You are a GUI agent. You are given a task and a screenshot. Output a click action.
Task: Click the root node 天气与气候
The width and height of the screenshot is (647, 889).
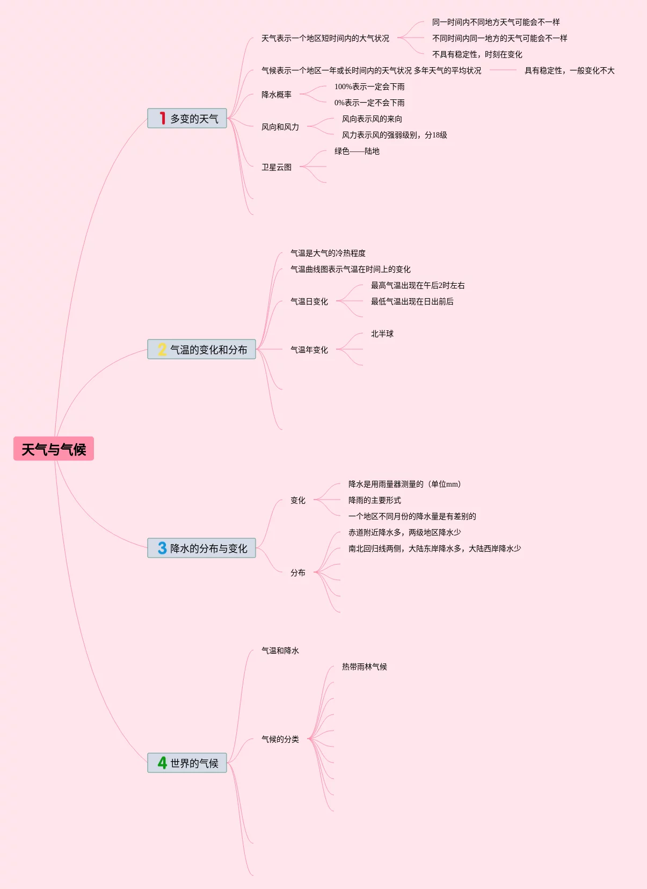pos(54,449)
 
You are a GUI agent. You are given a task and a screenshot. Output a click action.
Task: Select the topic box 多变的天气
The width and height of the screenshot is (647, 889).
pos(187,119)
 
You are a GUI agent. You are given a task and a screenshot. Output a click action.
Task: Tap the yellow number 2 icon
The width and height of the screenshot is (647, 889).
pos(162,350)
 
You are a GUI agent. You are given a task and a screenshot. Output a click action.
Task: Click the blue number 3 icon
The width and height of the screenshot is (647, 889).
pos(162,548)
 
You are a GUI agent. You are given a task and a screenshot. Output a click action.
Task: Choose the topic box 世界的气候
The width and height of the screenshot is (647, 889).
pos(187,763)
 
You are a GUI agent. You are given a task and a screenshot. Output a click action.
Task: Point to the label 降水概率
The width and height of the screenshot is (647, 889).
pos(277,95)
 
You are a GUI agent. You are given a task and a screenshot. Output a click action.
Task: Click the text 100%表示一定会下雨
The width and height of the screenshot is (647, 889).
pos(369,86)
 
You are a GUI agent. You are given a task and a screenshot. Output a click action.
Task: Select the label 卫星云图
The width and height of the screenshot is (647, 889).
pos(277,167)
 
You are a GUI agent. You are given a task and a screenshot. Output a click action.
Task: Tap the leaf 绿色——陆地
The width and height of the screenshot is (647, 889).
pos(357,151)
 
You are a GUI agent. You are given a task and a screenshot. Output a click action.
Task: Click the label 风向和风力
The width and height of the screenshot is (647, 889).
pos(280,127)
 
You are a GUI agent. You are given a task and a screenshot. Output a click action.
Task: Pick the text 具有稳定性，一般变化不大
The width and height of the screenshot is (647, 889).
pos(569,70)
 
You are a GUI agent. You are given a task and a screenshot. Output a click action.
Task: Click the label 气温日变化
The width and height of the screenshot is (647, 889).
pos(309,301)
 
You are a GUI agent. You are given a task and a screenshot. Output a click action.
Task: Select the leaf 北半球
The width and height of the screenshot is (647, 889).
pos(382,334)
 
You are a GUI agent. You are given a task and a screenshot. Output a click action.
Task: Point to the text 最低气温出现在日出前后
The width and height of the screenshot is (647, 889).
pos(412,301)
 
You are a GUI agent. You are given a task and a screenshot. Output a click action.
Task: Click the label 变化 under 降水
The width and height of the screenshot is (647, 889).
pos(298,500)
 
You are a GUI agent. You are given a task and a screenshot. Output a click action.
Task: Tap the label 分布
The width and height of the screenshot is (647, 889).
pos(298,573)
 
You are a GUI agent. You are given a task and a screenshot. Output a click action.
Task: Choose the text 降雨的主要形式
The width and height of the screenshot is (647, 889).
pos(375,500)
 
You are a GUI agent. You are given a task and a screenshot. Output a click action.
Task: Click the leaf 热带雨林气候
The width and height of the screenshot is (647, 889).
pos(365,667)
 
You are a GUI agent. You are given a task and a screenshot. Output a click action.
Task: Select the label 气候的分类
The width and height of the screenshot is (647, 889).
pos(280,739)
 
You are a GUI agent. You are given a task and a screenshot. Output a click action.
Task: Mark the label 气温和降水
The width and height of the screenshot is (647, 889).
pos(280,651)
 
